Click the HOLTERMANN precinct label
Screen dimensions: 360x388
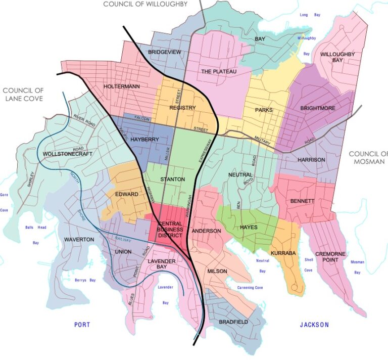point(121,86)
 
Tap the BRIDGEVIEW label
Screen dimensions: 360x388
point(164,53)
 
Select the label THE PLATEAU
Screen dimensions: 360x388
point(219,72)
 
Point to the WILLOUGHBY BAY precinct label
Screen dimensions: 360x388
point(337,57)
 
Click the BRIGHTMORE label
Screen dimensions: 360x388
point(318,108)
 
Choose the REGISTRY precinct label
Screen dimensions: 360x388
point(182,108)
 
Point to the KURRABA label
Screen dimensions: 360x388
point(282,252)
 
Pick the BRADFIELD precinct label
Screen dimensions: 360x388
point(233,322)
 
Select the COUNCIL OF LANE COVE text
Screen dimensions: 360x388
point(23,95)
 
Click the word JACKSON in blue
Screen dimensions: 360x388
point(313,325)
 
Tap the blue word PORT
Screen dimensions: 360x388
point(82,325)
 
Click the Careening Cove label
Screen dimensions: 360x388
point(250,288)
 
